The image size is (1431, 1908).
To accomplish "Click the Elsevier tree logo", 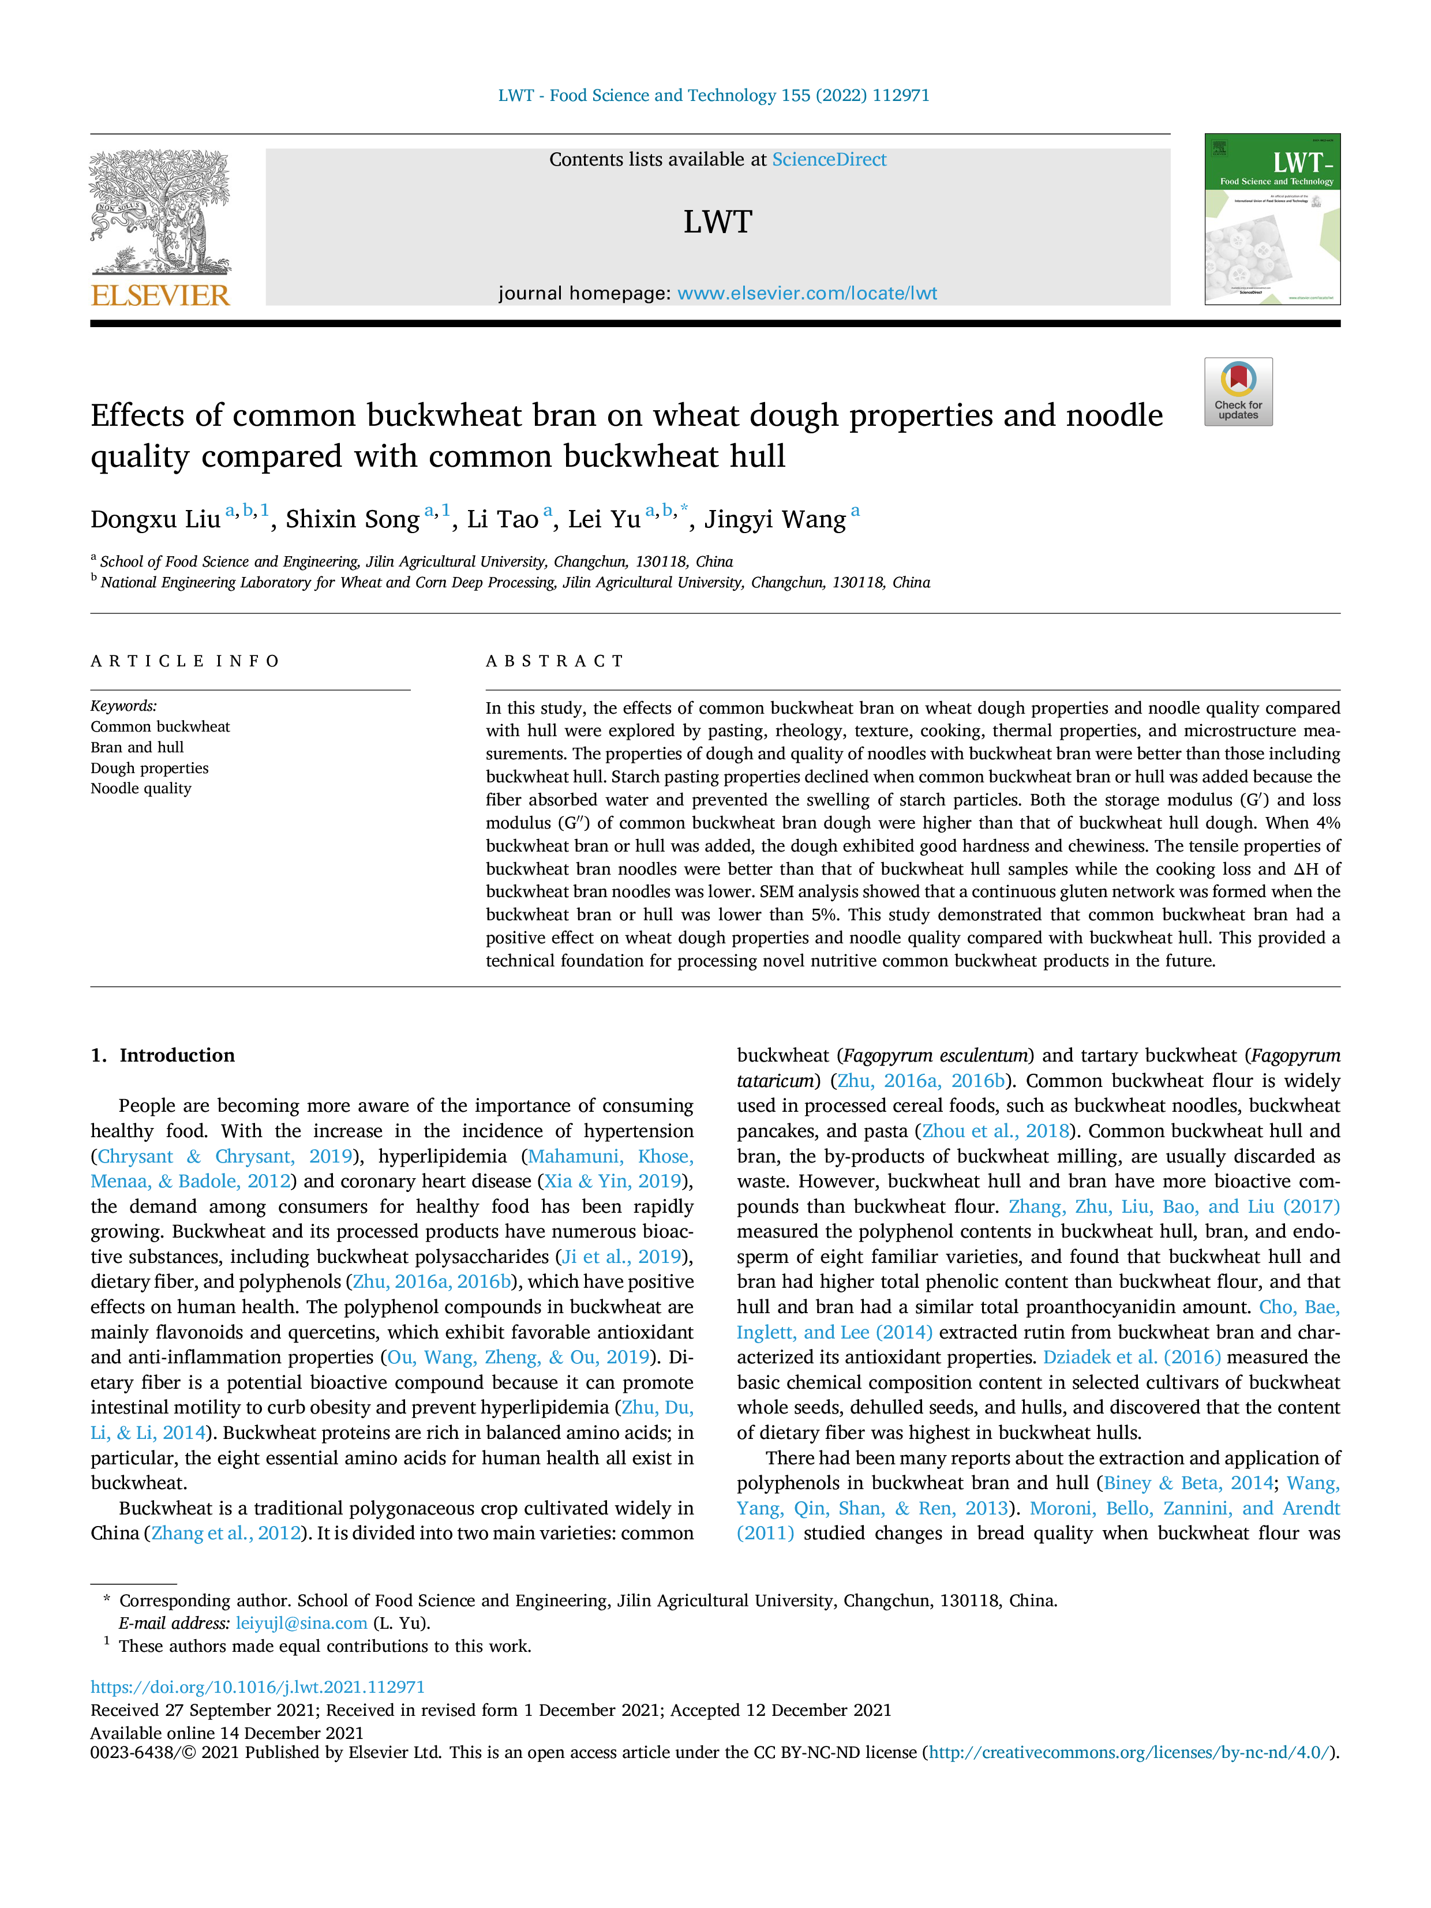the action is (160, 212).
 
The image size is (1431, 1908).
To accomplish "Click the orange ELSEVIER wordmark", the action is (160, 295).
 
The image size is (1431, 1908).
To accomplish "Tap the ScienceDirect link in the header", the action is (829, 160).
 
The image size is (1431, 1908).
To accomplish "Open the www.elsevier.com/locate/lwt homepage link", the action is (807, 293).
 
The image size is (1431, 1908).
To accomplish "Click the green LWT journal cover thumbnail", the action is (1272, 219).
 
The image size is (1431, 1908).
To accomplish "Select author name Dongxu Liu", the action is (155, 519).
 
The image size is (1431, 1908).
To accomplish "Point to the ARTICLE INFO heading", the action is (185, 662).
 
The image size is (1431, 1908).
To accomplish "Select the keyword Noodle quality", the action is (141, 788).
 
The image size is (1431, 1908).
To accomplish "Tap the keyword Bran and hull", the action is (137, 747).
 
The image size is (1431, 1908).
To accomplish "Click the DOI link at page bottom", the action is (258, 1687).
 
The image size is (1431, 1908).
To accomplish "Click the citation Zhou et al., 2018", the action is (997, 1131).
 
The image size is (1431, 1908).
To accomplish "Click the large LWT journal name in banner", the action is (718, 223).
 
